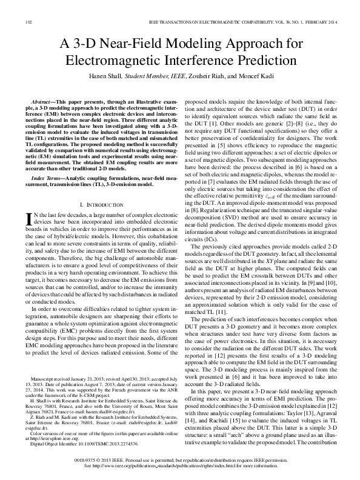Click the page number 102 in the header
click(x=27, y=22)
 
